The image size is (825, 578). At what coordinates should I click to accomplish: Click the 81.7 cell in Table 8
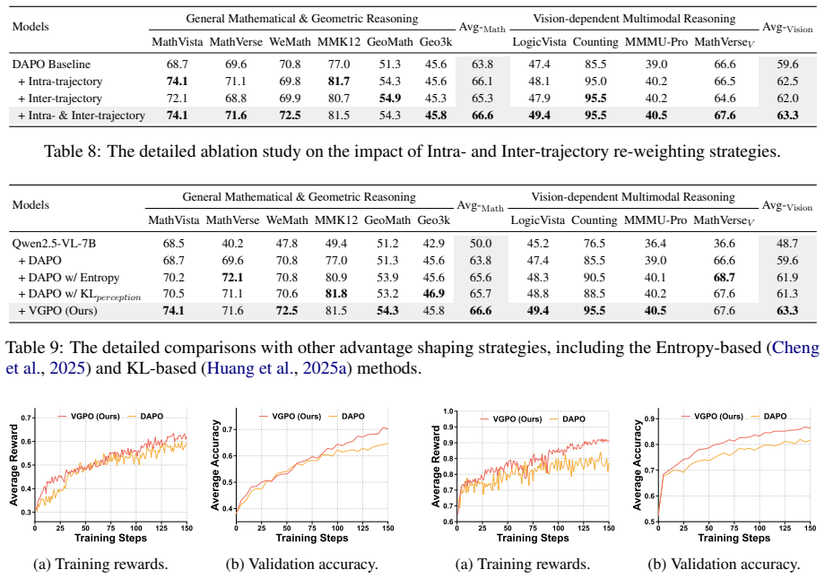point(339,82)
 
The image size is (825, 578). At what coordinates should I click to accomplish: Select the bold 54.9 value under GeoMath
point(390,99)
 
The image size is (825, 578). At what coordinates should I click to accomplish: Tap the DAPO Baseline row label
point(51,65)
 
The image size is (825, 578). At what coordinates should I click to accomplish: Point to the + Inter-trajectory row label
point(60,99)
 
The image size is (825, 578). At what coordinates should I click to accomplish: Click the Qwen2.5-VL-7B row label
point(54,244)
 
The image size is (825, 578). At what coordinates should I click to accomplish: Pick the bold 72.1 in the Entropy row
point(232,277)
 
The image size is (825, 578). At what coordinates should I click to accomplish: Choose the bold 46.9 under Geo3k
point(433,293)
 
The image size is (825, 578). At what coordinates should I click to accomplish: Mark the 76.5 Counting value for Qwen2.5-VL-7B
point(594,244)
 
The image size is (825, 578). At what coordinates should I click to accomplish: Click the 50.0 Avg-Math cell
point(481,244)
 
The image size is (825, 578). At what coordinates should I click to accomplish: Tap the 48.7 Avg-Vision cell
point(787,244)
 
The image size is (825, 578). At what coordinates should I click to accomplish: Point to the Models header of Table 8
point(30,27)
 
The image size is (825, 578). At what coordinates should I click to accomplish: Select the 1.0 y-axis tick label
point(447,412)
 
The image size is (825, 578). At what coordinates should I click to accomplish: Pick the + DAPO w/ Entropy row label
point(69,277)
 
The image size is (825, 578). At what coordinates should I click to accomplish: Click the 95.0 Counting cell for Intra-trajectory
point(595,82)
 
